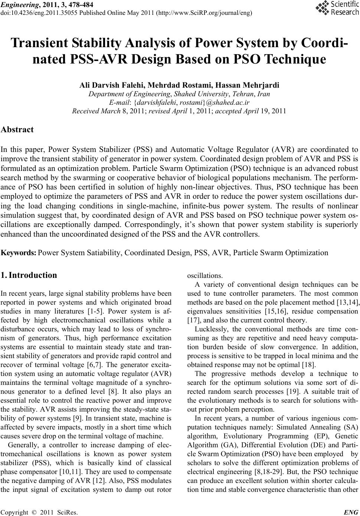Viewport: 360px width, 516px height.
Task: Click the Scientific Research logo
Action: (x=337, y=9)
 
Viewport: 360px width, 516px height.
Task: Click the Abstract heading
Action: (x=17, y=130)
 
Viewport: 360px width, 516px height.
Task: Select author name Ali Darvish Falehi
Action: (x=108, y=85)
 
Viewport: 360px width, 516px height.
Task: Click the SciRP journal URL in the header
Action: (x=205, y=13)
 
